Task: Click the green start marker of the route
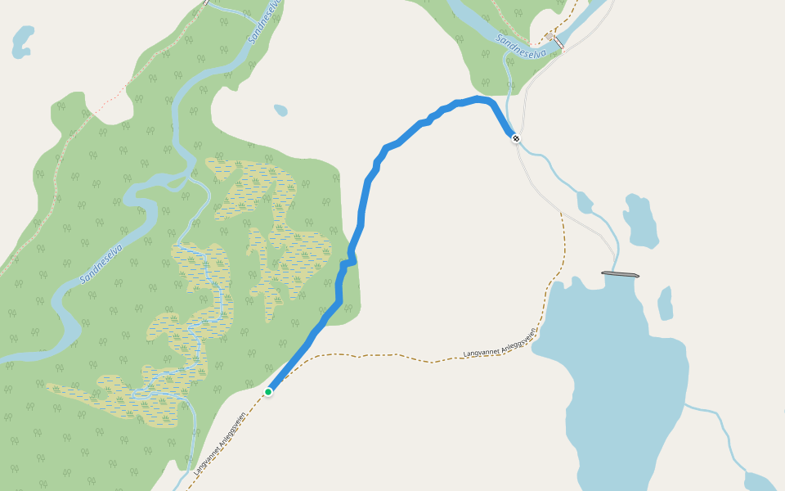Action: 268,392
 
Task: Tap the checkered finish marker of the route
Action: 515,137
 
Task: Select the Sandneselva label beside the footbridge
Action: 521,47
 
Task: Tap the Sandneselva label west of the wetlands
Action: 101,264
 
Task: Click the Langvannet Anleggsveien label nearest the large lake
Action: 500,343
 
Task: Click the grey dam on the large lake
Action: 619,274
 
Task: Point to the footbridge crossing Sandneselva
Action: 558,42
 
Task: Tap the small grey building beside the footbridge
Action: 549,36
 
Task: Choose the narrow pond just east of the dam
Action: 666,303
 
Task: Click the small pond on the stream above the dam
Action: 584,201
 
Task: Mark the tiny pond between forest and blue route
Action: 280,110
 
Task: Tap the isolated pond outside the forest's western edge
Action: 23,41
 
